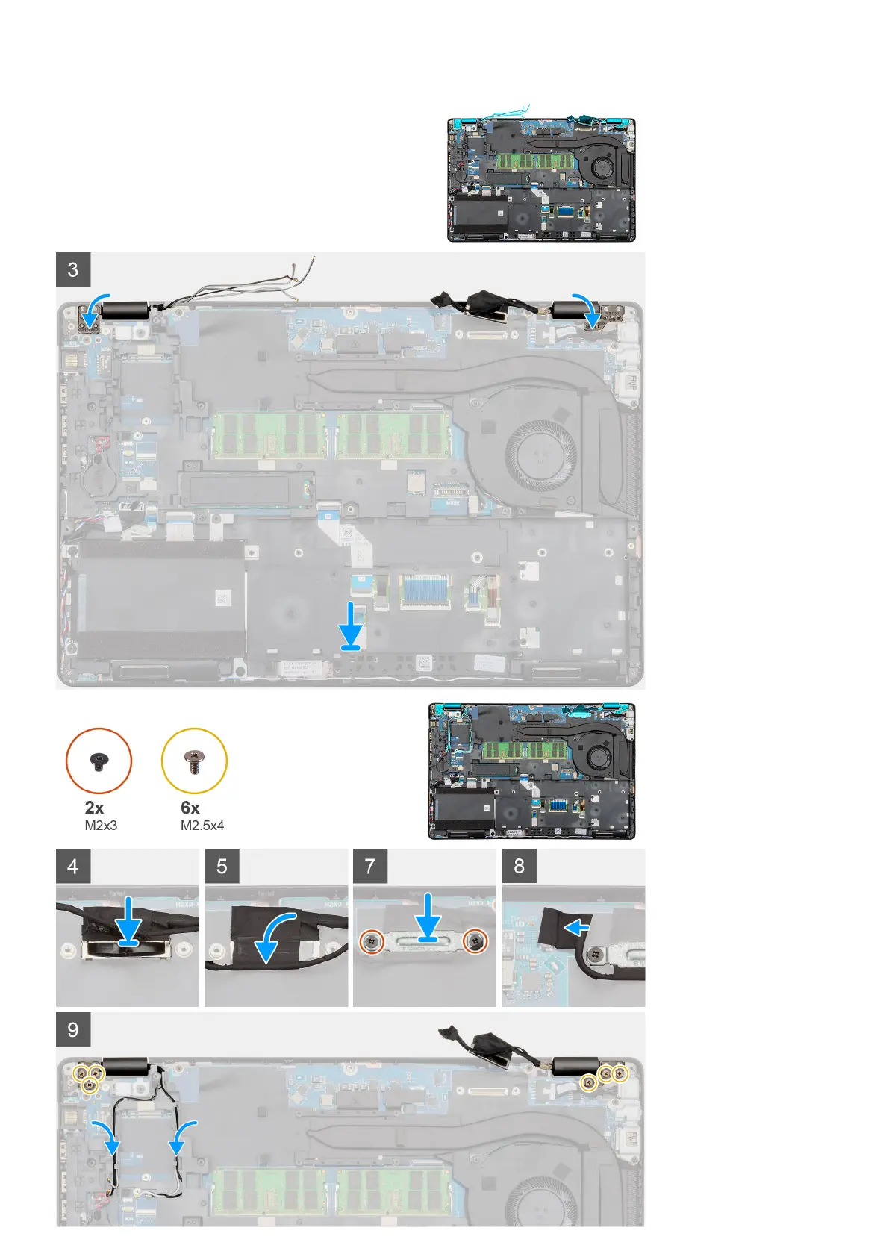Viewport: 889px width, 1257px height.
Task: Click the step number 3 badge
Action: tap(73, 269)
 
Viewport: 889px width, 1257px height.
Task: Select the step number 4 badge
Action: tap(73, 866)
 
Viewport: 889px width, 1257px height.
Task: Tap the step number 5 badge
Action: tap(222, 866)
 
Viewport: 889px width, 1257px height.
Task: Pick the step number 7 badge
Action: tap(370, 866)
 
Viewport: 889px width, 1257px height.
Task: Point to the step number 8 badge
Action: tap(520, 866)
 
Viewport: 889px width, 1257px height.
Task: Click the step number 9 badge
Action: tap(73, 1029)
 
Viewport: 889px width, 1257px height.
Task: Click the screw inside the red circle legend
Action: tap(99, 761)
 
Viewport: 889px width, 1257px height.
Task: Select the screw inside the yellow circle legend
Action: tap(194, 761)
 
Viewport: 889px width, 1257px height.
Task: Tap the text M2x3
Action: tap(101, 826)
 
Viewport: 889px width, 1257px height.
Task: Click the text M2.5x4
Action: tap(202, 826)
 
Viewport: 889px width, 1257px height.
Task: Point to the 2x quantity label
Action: tap(95, 808)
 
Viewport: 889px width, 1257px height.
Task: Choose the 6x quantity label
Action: tap(190, 808)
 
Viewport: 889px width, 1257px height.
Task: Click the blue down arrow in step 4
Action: tap(128, 922)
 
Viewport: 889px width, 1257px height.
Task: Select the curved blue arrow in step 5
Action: tap(276, 937)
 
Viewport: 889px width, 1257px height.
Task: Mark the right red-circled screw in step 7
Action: tap(475, 942)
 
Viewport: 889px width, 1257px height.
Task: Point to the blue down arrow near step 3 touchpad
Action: tap(351, 626)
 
